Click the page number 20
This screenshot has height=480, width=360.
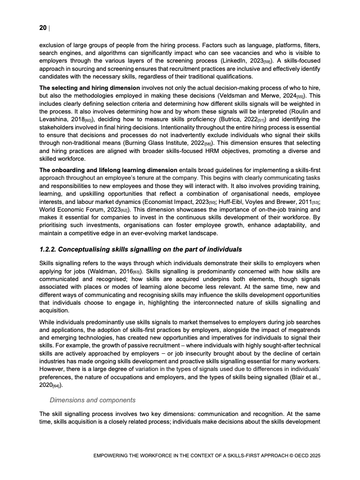tap(43, 28)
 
